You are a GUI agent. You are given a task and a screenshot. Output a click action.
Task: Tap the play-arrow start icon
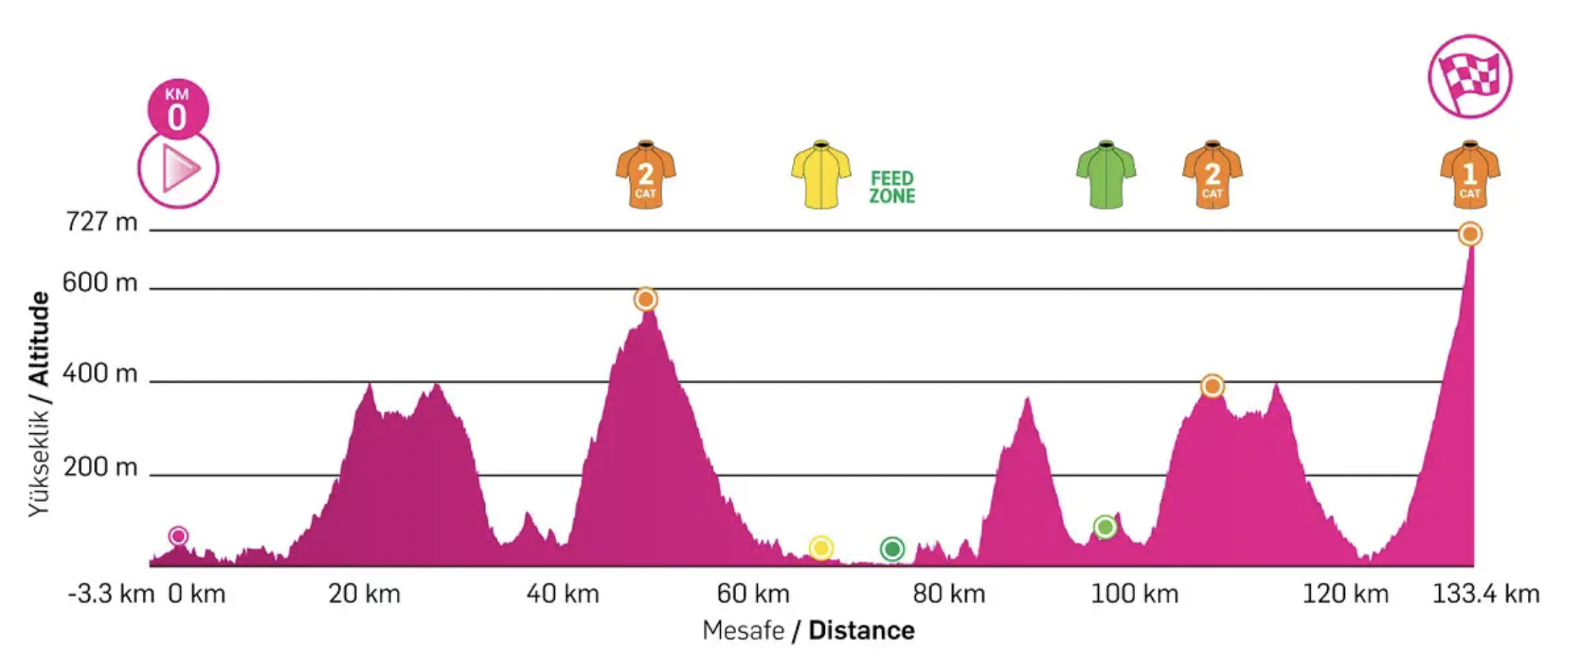pyautogui.click(x=179, y=169)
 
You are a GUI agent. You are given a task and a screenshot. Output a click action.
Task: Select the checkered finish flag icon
pyautogui.click(x=1470, y=77)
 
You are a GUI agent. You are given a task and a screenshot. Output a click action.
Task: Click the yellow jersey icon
pyautogui.click(x=821, y=175)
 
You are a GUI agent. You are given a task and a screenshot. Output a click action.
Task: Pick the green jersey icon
pyautogui.click(x=1106, y=175)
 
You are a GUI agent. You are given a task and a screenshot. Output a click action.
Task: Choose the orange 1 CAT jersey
pyautogui.click(x=1470, y=175)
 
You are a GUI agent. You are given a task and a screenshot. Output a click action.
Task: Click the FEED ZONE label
pyautogui.click(x=892, y=187)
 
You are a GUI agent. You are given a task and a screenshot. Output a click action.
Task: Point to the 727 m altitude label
pyautogui.click(x=101, y=222)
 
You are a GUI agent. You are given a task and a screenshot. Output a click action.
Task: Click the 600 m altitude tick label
pyautogui.click(x=100, y=282)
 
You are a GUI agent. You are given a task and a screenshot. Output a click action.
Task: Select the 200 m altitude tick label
pyautogui.click(x=100, y=467)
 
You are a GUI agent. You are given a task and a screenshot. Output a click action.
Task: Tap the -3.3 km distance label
pyautogui.click(x=111, y=594)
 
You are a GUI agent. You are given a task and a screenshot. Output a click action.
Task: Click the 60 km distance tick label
pyautogui.click(x=753, y=594)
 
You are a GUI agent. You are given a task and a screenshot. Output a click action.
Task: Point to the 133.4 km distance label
pyautogui.click(x=1485, y=594)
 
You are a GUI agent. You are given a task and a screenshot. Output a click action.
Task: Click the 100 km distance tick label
pyautogui.click(x=1134, y=594)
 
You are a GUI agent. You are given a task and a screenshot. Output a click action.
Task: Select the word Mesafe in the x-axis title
pyautogui.click(x=743, y=631)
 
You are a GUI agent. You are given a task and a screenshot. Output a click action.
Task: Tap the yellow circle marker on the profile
pyautogui.click(x=821, y=548)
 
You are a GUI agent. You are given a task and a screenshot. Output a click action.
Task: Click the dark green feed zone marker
pyautogui.click(x=892, y=549)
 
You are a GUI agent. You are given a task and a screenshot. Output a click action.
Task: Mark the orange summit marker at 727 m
pyautogui.click(x=1470, y=234)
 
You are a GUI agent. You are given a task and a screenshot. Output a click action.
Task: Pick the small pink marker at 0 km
pyautogui.click(x=178, y=536)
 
